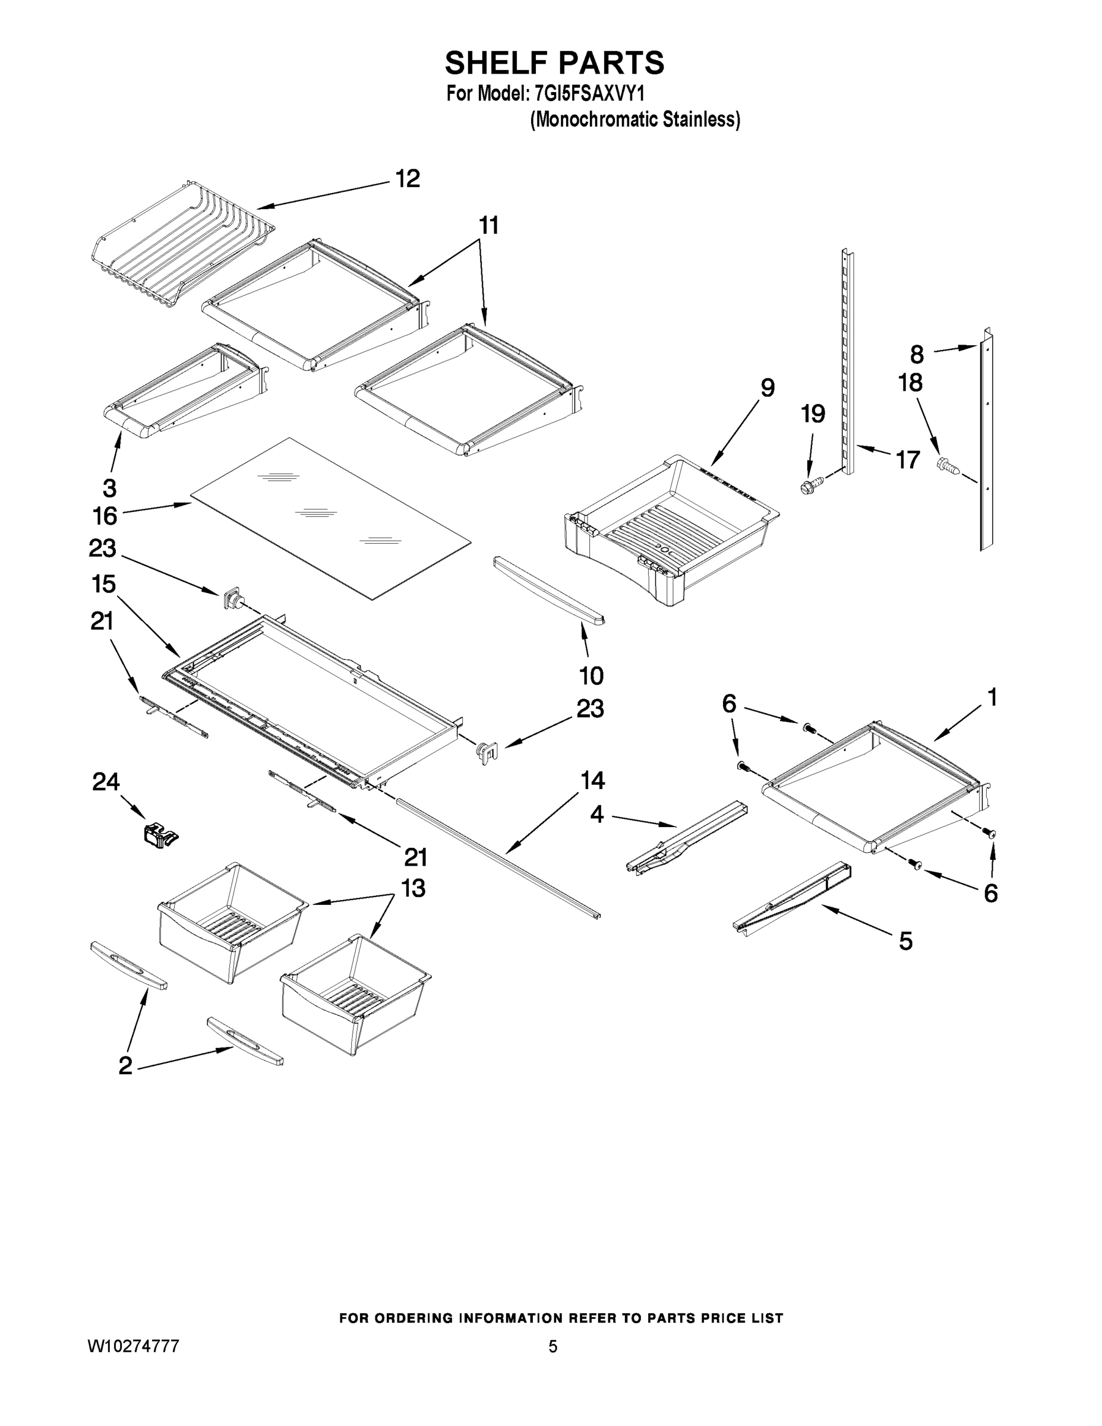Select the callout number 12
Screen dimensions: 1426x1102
(x=408, y=179)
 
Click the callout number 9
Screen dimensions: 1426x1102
(x=767, y=388)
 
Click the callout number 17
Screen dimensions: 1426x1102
(x=908, y=460)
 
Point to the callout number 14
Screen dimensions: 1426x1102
(x=592, y=781)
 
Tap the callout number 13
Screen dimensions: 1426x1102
(x=413, y=889)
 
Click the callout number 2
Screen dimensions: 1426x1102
(x=125, y=1065)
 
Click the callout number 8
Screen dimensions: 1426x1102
(x=917, y=355)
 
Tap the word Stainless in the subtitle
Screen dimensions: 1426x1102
(x=701, y=119)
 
